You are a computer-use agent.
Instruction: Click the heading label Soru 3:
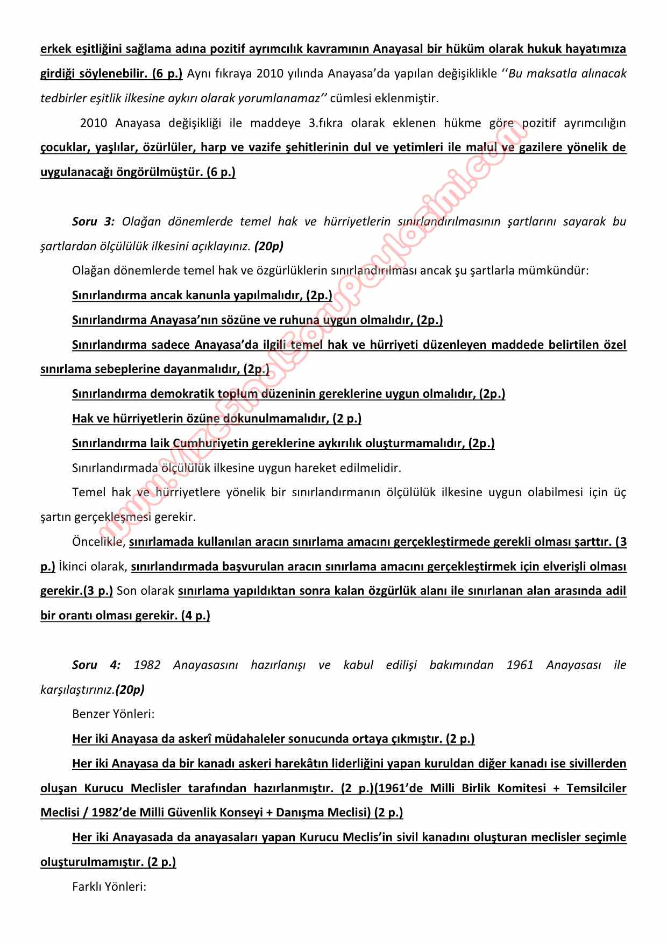pos(93,222)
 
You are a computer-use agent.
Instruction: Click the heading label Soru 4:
pos(96,665)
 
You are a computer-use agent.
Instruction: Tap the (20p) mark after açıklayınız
pos(269,246)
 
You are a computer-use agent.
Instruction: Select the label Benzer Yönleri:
pos(113,714)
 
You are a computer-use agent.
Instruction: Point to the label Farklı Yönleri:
pos(109,886)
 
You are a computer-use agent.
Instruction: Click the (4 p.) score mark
pos(195,616)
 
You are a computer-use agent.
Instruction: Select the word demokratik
pos(181,394)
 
